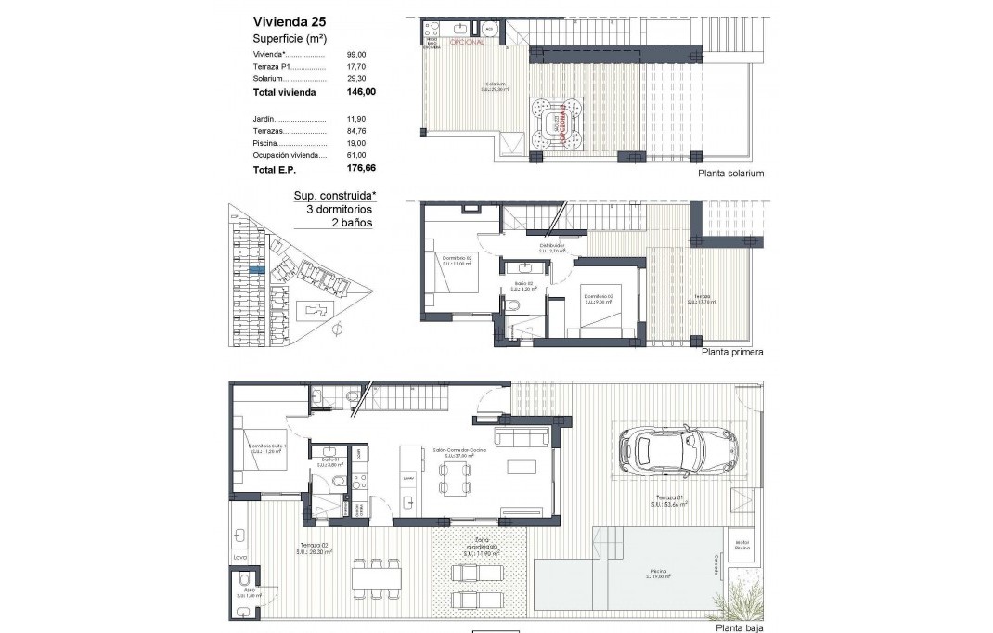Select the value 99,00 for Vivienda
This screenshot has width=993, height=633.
(x=357, y=56)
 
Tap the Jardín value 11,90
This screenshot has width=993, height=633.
(x=357, y=120)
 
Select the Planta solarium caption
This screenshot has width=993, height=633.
(x=732, y=174)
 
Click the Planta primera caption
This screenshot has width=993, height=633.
(x=732, y=353)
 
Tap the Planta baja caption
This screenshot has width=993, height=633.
(x=738, y=628)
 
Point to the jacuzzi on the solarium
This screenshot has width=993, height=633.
(x=558, y=123)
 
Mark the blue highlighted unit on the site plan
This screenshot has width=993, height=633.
(x=257, y=269)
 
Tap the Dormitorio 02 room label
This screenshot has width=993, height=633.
(x=456, y=261)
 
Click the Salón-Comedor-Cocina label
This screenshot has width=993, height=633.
(x=454, y=452)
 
